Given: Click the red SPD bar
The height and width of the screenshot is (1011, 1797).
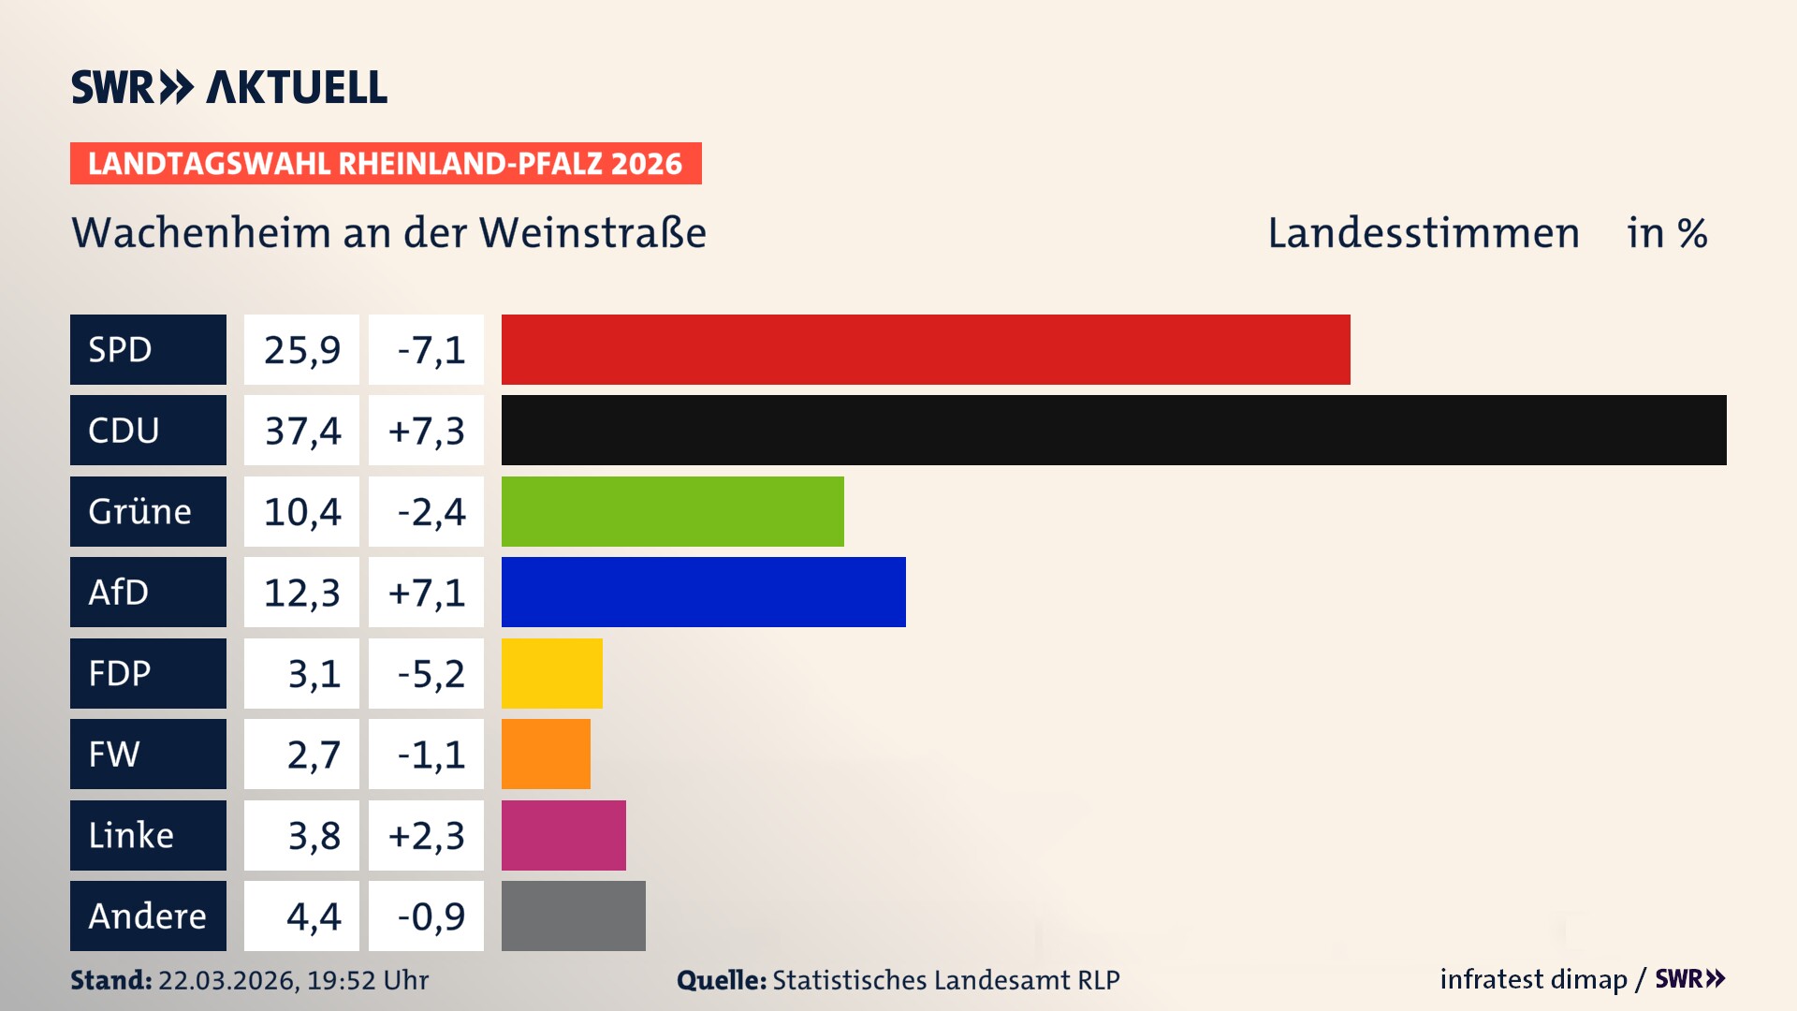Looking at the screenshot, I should [926, 349].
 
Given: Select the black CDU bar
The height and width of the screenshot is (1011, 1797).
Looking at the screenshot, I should [1114, 430].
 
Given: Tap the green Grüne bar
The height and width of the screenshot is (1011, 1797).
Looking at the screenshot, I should [672, 511].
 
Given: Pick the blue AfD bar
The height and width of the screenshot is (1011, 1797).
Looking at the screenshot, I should [703, 592].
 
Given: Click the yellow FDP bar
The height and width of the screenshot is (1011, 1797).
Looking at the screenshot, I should [551, 673].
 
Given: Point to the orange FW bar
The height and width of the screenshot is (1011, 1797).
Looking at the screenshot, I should [546, 754].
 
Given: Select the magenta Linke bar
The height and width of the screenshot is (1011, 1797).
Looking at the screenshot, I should [563, 835].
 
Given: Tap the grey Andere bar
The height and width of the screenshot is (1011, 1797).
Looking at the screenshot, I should [573, 916].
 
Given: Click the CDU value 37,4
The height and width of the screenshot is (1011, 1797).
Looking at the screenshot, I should [301, 431].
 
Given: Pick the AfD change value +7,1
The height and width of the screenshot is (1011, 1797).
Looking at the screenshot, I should [427, 593].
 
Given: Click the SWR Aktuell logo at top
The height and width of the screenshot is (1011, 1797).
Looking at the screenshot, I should [228, 87].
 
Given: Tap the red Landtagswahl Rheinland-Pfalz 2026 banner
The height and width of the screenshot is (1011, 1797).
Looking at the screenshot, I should [386, 164].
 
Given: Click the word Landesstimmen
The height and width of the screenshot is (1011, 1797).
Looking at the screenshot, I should [1423, 233].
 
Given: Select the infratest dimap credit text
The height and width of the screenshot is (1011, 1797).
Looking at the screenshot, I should [1532, 979].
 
